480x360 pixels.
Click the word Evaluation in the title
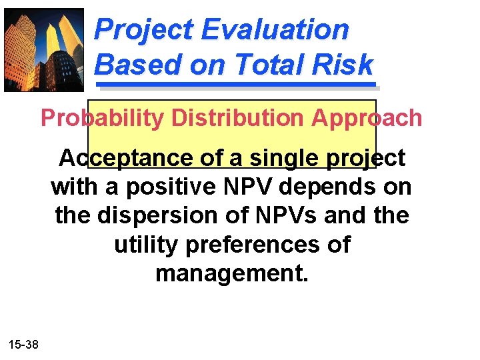click(x=275, y=30)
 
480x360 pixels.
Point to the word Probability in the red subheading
click(x=101, y=118)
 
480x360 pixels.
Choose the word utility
click(x=147, y=245)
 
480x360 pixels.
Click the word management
click(x=231, y=273)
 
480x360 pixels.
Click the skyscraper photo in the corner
click(x=44, y=49)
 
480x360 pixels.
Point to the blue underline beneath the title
click(x=237, y=85)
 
